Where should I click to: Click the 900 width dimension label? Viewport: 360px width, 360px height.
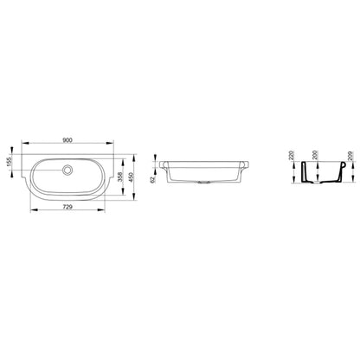67,140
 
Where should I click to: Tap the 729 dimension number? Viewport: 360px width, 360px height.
67,207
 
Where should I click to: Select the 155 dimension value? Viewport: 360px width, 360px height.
10,159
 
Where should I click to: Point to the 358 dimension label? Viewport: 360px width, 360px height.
120,177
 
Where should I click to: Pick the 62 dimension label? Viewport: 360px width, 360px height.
153,179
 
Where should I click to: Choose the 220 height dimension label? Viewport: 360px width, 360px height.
291,156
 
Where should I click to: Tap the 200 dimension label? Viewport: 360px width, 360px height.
315,156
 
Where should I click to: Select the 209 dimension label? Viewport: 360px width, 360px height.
350,156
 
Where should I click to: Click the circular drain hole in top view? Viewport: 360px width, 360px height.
67,170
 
